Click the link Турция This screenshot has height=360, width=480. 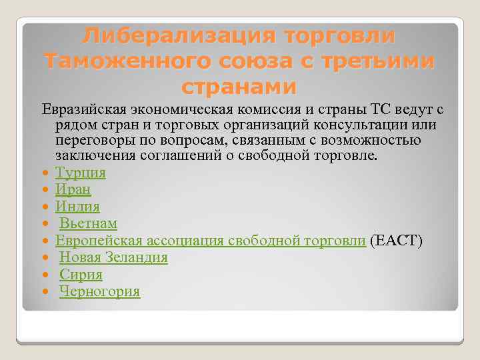(x=80, y=173)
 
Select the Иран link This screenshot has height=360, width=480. (x=73, y=190)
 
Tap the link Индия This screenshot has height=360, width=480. (x=77, y=207)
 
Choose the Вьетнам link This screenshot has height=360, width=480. (x=88, y=223)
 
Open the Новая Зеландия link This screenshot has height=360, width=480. (x=113, y=257)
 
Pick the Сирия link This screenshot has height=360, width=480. (x=81, y=274)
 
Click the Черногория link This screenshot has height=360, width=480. (x=99, y=291)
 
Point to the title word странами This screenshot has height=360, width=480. (x=239, y=87)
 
